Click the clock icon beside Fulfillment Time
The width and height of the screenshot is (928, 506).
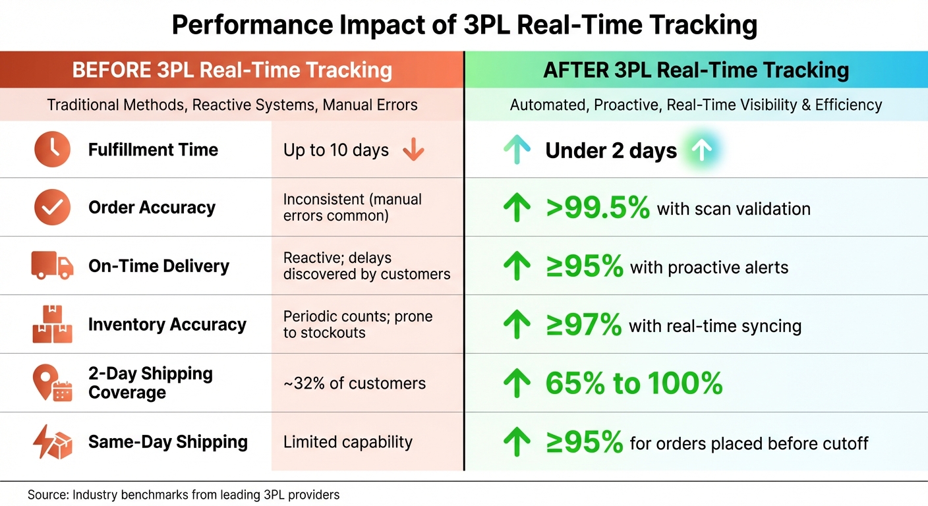(x=52, y=149)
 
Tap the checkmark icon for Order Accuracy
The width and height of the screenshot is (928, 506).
(x=52, y=208)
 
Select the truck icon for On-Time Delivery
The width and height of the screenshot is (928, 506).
(x=52, y=266)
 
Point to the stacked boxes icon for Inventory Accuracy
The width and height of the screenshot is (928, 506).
(x=52, y=324)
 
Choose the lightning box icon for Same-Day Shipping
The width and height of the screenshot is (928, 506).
(x=52, y=442)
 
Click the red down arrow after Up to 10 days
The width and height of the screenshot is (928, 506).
(x=413, y=150)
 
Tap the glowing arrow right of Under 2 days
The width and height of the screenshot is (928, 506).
(x=703, y=151)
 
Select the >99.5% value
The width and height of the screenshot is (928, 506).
(x=598, y=209)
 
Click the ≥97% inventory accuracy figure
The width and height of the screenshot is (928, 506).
(x=583, y=325)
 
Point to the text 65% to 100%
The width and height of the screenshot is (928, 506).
(x=634, y=383)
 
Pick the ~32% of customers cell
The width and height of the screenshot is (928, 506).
(x=355, y=383)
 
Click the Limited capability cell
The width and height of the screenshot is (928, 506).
(x=347, y=442)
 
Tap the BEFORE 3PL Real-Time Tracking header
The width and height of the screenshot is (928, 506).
(x=232, y=70)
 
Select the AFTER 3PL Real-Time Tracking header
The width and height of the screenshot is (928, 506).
(x=696, y=70)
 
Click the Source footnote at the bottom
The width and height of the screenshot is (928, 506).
(x=183, y=494)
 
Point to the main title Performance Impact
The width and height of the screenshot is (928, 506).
(x=464, y=25)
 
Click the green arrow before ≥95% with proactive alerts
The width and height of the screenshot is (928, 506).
(x=517, y=267)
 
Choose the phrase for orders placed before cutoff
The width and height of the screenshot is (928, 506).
(x=749, y=443)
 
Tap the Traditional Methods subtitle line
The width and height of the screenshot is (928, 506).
(x=232, y=105)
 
